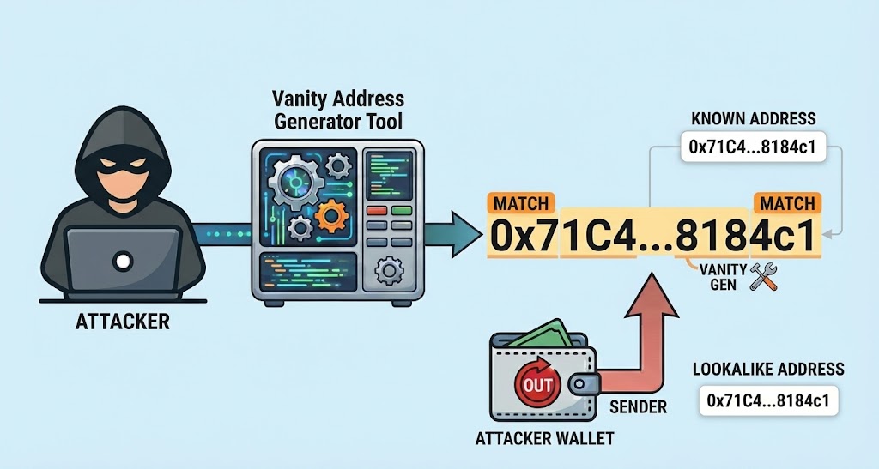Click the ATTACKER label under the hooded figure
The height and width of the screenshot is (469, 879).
[122, 323]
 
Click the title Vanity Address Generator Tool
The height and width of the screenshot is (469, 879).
[337, 110]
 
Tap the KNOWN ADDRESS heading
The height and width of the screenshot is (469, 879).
[753, 118]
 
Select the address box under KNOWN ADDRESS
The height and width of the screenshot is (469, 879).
[752, 147]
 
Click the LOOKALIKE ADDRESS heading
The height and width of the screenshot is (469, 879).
[768, 370]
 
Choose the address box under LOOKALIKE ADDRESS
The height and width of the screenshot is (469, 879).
[768, 400]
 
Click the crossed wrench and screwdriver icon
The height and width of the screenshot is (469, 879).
[762, 275]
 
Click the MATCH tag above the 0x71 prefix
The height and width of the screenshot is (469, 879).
[520, 204]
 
